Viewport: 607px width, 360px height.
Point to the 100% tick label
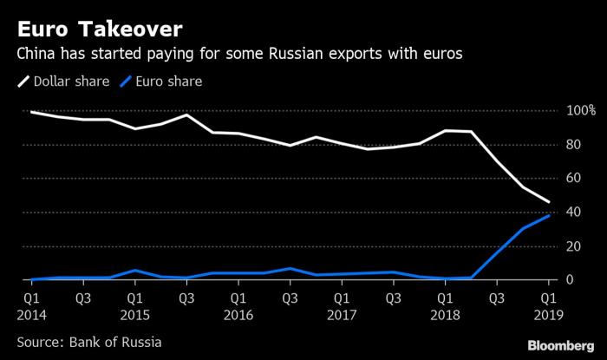pyautogui.click(x=579, y=111)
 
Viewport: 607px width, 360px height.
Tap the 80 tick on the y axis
pyautogui.click(x=571, y=145)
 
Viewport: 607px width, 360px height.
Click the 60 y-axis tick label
pyautogui.click(x=571, y=179)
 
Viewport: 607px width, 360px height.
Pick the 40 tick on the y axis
pyautogui.click(x=571, y=213)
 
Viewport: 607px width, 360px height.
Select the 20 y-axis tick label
pyautogui.click(x=571, y=246)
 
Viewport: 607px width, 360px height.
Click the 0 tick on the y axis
pyautogui.click(x=569, y=280)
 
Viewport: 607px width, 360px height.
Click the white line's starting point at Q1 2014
pyautogui.click(x=31, y=112)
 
